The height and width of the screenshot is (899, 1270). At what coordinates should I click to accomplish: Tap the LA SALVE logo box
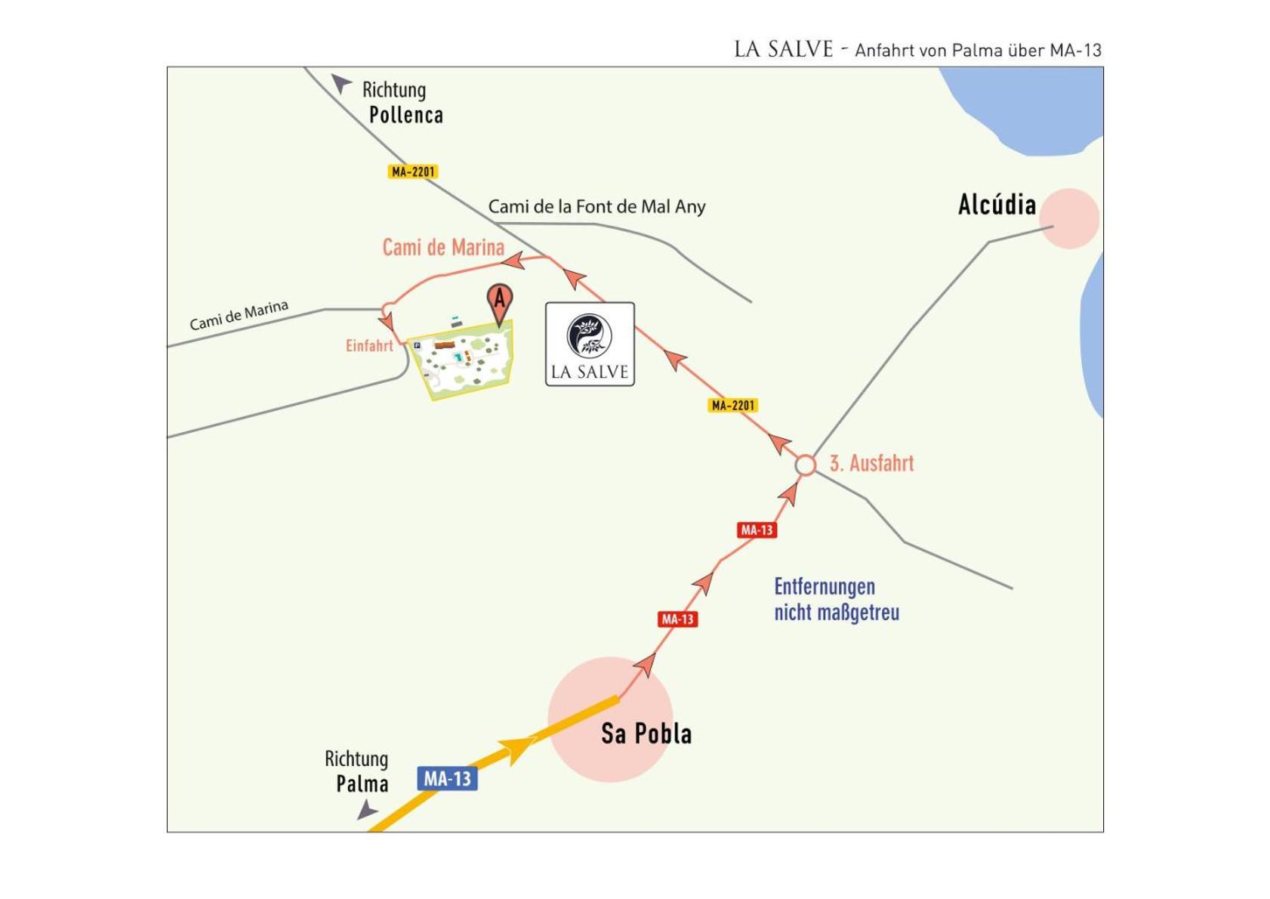tap(590, 344)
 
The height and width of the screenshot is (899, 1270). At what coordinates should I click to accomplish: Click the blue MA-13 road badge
tap(447, 778)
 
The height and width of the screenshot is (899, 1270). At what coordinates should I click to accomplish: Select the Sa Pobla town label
tap(646, 734)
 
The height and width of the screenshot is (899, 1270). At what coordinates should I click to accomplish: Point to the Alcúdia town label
tap(997, 204)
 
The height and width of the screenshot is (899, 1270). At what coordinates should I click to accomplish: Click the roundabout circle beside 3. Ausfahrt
tap(805, 465)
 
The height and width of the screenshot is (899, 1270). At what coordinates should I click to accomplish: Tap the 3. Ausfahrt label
tap(872, 463)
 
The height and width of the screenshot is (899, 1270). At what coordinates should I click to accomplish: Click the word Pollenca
tap(406, 115)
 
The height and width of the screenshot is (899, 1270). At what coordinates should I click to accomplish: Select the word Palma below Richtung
tap(362, 784)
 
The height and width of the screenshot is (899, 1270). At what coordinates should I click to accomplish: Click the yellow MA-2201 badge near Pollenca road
tap(413, 171)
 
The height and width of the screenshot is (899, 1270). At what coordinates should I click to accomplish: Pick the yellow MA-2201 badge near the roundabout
tap(733, 405)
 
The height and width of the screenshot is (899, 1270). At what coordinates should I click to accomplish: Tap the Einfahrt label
tap(370, 345)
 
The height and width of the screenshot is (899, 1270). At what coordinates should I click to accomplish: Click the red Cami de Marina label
tap(443, 247)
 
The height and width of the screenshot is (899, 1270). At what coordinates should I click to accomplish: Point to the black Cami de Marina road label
tap(239, 315)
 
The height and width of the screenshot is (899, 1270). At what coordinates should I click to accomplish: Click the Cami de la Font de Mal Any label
tap(597, 206)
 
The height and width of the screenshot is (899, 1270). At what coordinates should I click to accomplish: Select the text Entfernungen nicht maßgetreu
tap(837, 600)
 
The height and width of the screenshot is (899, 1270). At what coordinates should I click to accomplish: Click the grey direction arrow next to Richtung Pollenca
tap(341, 83)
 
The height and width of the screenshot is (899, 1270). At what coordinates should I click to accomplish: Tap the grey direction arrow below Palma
tap(368, 809)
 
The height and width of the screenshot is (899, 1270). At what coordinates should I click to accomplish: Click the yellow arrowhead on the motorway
tap(518, 750)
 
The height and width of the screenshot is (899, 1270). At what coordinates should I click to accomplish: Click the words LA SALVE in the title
tap(784, 49)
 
